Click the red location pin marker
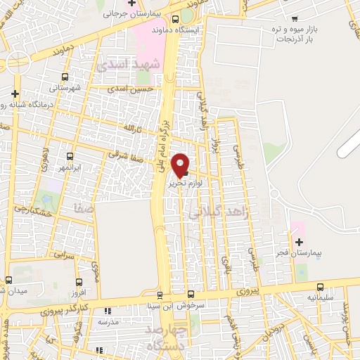click(181, 165)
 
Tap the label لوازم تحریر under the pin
click(186, 182)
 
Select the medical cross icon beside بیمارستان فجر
click(299, 242)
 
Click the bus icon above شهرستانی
click(65, 77)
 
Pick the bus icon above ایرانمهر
click(70, 157)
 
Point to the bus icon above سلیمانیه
click(321, 287)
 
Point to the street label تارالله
click(132, 129)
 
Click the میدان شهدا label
click(12, 291)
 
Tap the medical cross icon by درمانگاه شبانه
click(15, 93)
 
